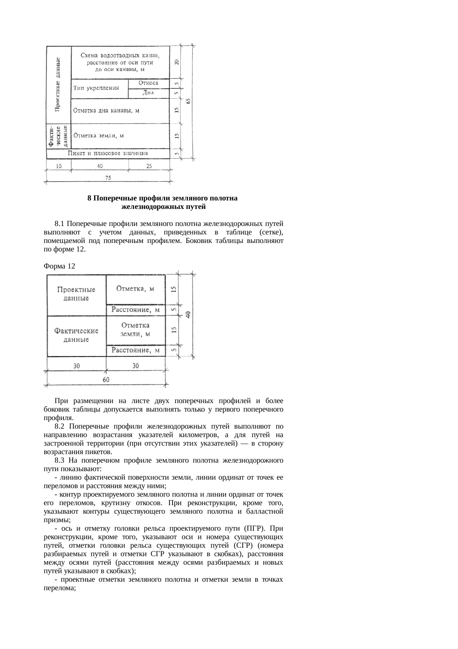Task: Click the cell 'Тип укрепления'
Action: pyautogui.click(x=96, y=88)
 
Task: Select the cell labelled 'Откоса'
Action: pyautogui.click(x=148, y=83)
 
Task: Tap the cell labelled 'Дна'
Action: pyautogui.click(x=148, y=93)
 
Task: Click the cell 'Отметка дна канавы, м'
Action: pyautogui.click(x=106, y=111)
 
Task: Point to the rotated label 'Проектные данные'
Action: pyautogui.click(x=58, y=84)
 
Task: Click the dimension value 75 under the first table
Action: pyautogui.click(x=108, y=178)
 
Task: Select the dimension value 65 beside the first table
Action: pyautogui.click(x=188, y=101)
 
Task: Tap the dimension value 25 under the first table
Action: pyautogui.click(x=149, y=166)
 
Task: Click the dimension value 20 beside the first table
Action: pyautogui.click(x=177, y=62)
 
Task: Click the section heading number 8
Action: pyautogui.click(x=89, y=198)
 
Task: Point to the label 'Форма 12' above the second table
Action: pyautogui.click(x=59, y=266)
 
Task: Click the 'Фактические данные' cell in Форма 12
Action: pyautogui.click(x=76, y=335)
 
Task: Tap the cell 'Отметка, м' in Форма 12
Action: pyautogui.click(x=135, y=289)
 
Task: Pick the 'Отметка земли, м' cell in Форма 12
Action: pyautogui.click(x=136, y=329)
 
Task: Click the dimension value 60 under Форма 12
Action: pyautogui.click(x=106, y=380)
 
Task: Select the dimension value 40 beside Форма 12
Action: pyautogui.click(x=188, y=315)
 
